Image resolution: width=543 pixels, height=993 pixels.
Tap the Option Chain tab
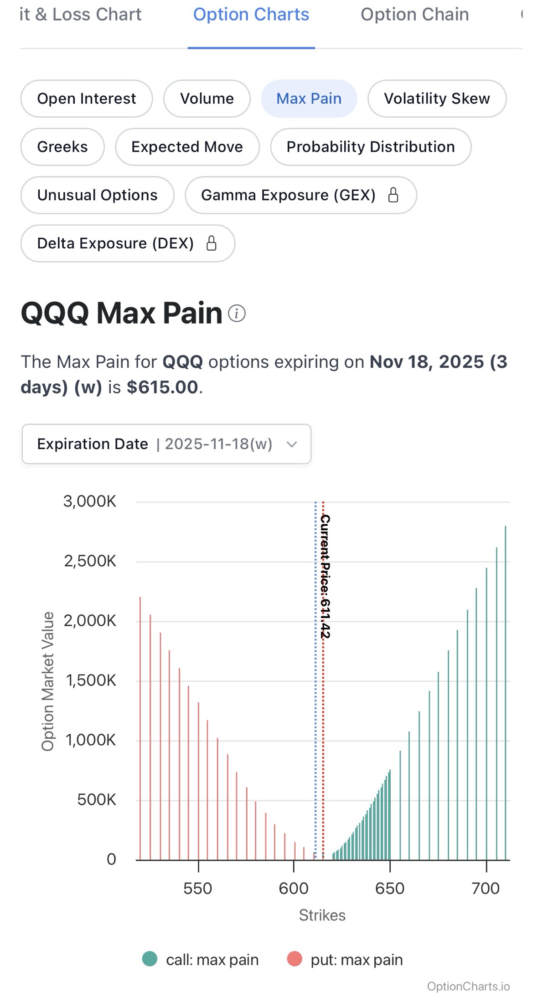click(x=414, y=15)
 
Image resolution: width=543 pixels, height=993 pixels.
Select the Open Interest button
click(x=87, y=99)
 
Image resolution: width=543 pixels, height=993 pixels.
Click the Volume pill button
click(x=207, y=99)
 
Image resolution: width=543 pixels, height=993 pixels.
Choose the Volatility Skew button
click(x=437, y=99)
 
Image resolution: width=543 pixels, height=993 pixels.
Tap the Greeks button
click(x=62, y=147)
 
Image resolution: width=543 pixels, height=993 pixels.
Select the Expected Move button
click(x=187, y=147)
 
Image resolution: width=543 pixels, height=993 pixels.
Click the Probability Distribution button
click(x=371, y=147)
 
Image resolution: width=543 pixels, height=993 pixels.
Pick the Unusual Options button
click(x=97, y=195)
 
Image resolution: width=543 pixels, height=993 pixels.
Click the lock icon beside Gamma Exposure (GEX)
click(x=393, y=195)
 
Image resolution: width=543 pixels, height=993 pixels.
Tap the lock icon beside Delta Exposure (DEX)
click(x=212, y=243)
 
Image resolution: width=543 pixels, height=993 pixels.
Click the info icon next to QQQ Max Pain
click(x=237, y=314)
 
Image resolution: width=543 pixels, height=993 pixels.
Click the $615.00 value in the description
click(x=162, y=387)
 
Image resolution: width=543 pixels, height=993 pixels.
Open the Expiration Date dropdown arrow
click(x=292, y=444)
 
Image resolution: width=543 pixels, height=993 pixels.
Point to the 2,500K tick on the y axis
click(x=90, y=561)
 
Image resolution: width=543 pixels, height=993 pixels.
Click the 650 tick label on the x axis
click(x=390, y=888)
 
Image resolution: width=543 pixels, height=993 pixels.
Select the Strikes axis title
click(x=322, y=915)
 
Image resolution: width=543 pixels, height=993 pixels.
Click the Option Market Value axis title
click(x=48, y=681)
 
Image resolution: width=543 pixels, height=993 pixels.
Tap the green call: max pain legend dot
click(x=150, y=959)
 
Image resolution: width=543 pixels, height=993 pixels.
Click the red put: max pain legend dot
click(x=295, y=959)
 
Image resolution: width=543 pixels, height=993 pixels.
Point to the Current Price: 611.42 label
click(x=325, y=576)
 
